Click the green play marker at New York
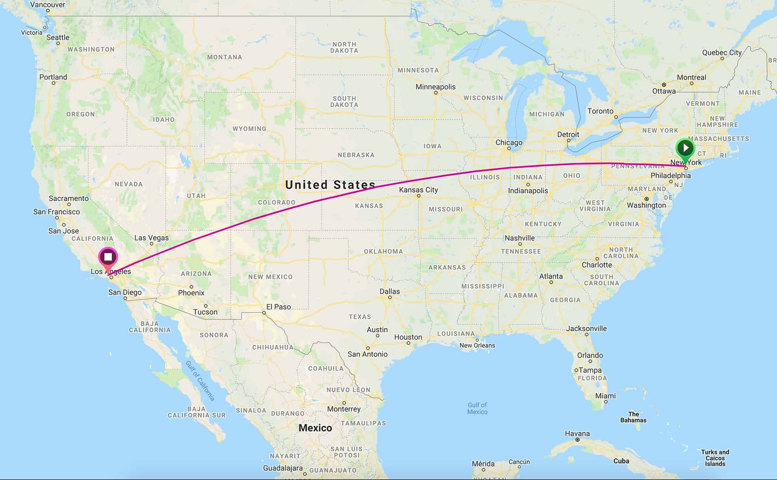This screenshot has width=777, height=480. pyautogui.click(x=685, y=148)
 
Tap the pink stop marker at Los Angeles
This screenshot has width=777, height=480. pyautogui.click(x=108, y=257)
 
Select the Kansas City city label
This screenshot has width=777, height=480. pyautogui.click(x=418, y=190)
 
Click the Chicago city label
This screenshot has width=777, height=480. pyautogui.click(x=509, y=143)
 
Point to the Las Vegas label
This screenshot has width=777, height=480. pyautogui.click(x=152, y=238)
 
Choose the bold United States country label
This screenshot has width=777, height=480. pyautogui.click(x=330, y=184)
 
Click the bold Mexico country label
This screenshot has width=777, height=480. pyautogui.click(x=315, y=428)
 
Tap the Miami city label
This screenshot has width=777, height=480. pyautogui.click(x=605, y=396)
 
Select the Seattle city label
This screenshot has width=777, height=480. pyautogui.click(x=58, y=37)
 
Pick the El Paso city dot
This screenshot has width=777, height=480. pyautogui.click(x=264, y=313)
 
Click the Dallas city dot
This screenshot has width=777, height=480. pyautogui.click(x=390, y=297)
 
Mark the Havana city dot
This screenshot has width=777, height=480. pyautogui.click(x=577, y=440)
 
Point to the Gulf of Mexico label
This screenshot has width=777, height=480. pyautogui.click(x=477, y=408)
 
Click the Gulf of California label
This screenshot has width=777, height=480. pyautogui.click(x=200, y=381)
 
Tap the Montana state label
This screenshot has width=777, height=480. pyautogui.click(x=225, y=57)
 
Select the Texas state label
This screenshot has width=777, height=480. pyautogui.click(x=360, y=317)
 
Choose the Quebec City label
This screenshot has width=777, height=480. pyautogui.click(x=722, y=52)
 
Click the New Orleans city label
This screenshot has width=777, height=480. pyautogui.click(x=477, y=345)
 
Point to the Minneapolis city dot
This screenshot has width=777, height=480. pyautogui.click(x=436, y=93)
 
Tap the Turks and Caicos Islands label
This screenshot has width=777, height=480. pyautogui.click(x=715, y=458)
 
